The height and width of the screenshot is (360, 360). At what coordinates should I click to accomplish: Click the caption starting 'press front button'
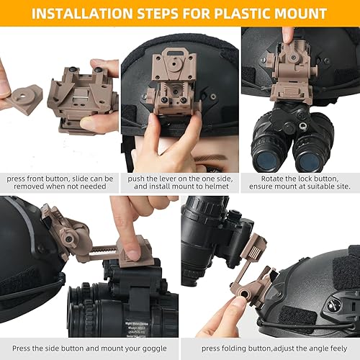[60, 181]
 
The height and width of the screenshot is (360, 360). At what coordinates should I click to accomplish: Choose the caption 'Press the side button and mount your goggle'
[90, 348]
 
